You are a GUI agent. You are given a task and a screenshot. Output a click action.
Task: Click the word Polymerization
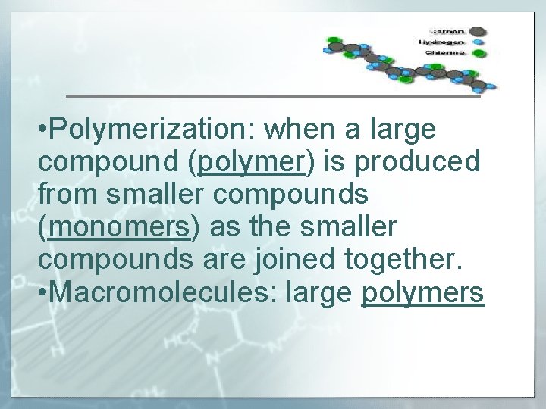tap(133, 130)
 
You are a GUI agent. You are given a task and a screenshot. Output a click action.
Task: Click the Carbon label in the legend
tap(448, 31)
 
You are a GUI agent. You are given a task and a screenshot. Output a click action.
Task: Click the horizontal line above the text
tap(273, 97)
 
